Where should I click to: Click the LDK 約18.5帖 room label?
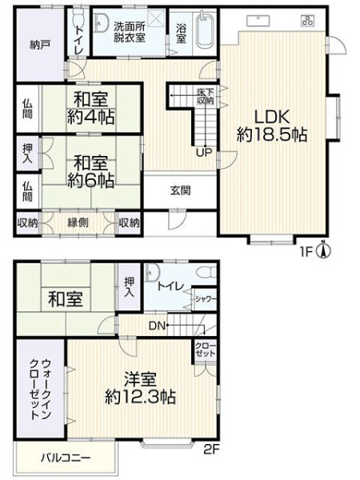(x=272, y=126)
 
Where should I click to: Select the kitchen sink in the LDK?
(x=258, y=21)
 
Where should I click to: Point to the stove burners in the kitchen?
(x=307, y=20)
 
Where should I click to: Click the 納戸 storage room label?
(x=40, y=46)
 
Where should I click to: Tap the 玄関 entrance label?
(x=180, y=190)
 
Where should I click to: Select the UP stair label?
(x=204, y=153)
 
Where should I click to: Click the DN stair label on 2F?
(x=158, y=326)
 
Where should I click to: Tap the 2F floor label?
(x=211, y=449)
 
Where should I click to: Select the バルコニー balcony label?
(x=66, y=458)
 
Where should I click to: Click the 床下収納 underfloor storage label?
(x=205, y=96)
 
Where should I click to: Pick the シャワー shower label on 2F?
(x=206, y=299)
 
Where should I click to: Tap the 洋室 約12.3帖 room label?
(x=140, y=389)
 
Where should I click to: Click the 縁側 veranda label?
(x=78, y=222)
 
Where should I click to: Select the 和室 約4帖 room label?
(x=90, y=108)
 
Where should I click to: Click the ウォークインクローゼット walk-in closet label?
(x=40, y=389)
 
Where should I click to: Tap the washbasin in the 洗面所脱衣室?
(x=101, y=22)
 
